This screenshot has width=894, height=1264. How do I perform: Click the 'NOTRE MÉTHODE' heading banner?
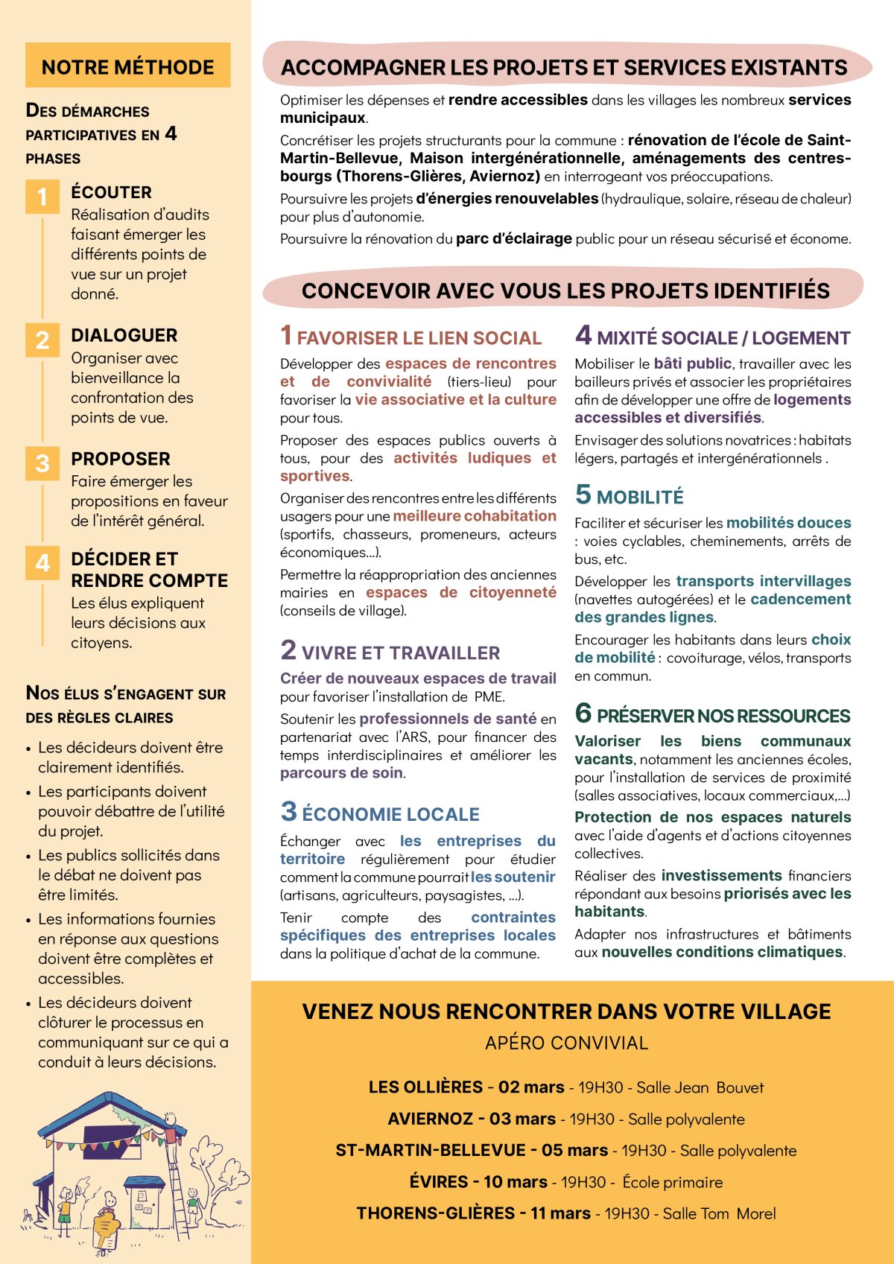point(127,66)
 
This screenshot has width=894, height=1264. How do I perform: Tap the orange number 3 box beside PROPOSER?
point(42,463)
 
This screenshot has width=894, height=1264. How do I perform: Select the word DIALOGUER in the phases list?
point(124,335)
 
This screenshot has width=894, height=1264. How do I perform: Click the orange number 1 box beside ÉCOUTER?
point(42,197)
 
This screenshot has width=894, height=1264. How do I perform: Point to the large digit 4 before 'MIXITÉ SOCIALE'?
point(583,335)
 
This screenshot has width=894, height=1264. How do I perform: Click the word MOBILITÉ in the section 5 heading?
point(640,497)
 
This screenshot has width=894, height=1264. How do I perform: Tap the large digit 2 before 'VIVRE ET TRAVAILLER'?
point(288,650)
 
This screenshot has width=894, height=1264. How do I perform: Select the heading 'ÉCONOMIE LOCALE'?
point(390,814)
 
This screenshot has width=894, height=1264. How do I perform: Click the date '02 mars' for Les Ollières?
point(531,1087)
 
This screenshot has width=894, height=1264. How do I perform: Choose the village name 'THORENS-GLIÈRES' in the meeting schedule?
point(436,1213)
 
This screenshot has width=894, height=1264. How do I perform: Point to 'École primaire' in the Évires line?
point(673,1182)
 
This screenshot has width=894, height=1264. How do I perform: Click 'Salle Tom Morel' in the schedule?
point(719,1213)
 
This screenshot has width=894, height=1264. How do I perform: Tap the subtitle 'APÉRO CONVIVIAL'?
point(566,1043)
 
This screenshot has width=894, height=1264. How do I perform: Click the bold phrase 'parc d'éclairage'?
point(513,238)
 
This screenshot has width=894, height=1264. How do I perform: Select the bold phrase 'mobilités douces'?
point(788,523)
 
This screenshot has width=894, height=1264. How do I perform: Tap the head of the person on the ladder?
point(171,1119)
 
